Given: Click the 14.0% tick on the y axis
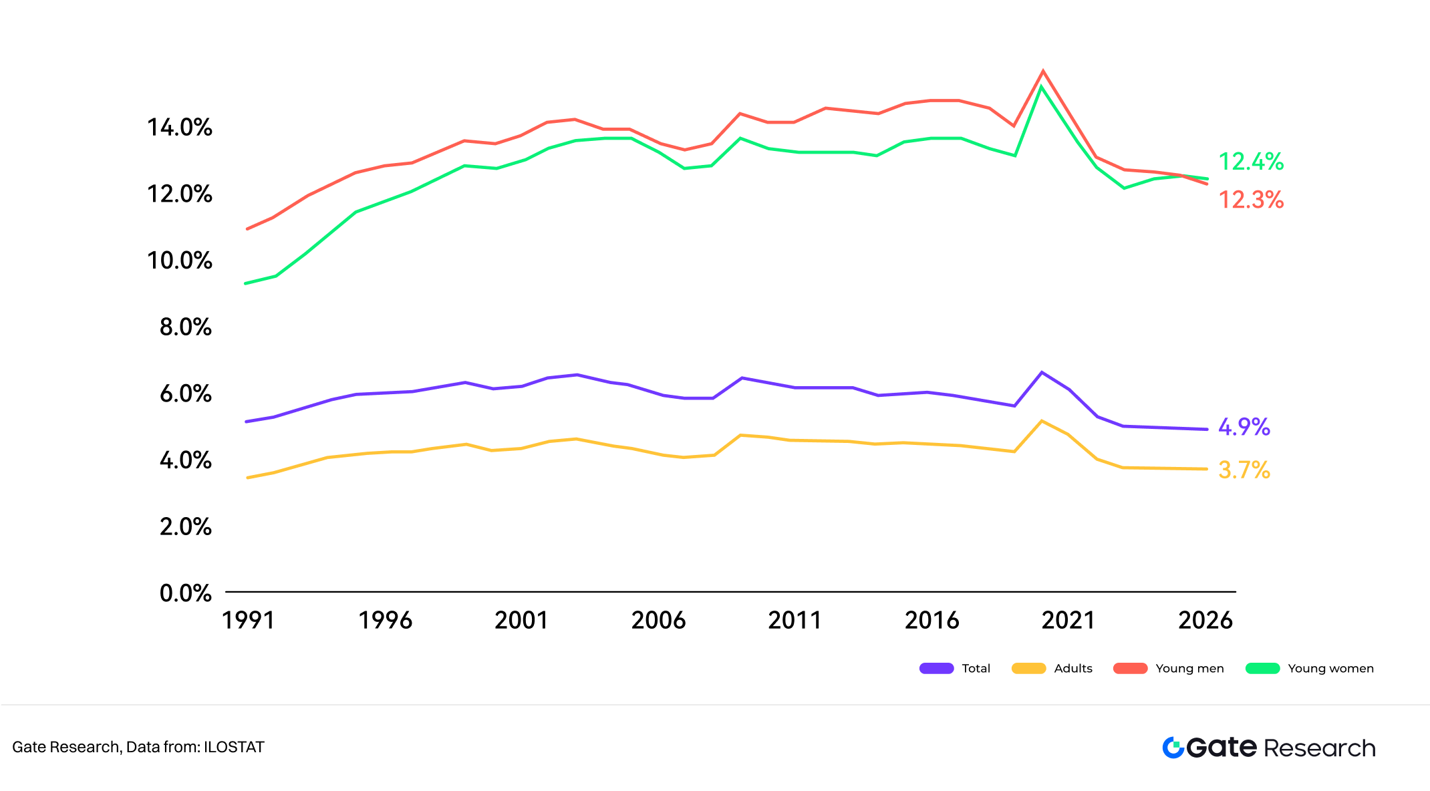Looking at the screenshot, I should click(179, 127).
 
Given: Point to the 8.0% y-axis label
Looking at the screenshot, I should click(185, 327).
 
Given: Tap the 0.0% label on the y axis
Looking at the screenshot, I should click(185, 593).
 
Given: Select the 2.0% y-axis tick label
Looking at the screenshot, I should click(185, 526).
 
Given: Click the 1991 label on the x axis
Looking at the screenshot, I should click(248, 621).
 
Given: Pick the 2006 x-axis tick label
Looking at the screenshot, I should click(658, 621).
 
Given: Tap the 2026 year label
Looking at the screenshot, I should click(1205, 621).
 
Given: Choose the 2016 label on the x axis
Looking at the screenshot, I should click(932, 621).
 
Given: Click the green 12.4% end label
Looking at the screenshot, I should click(1251, 162).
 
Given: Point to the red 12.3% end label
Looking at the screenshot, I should click(1251, 200).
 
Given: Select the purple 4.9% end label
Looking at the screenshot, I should click(1244, 427).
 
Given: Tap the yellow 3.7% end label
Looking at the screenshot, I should click(1244, 470).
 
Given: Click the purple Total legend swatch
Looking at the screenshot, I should click(936, 669).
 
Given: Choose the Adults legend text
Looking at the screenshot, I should click(1073, 669).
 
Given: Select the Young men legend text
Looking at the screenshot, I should click(1189, 669).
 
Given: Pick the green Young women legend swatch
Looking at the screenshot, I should click(1262, 669).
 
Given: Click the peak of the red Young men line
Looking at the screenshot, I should click(1043, 71).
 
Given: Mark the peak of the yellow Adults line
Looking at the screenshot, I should click(1042, 421).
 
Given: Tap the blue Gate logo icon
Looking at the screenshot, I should click(1173, 748).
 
